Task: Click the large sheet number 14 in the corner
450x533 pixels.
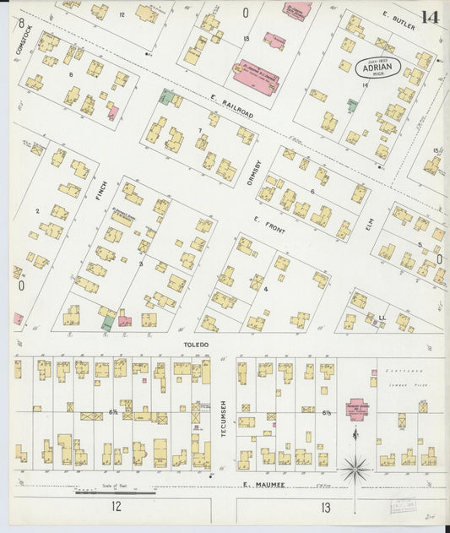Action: pos(430,16)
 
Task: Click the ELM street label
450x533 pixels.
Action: pos(368,223)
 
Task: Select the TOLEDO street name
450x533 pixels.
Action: pos(196,345)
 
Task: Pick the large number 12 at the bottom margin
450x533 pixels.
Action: pos(115,506)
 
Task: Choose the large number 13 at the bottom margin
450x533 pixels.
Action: pos(326,507)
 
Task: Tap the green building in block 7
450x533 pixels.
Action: pos(169,98)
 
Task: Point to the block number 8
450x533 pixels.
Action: pos(71,74)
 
